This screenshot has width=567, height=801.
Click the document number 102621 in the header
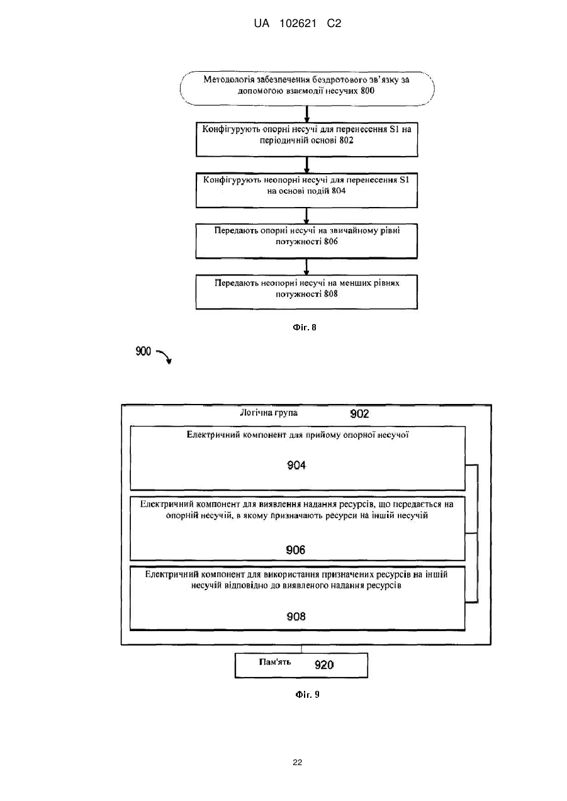coord(298,24)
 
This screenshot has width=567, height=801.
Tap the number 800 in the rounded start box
coord(368,91)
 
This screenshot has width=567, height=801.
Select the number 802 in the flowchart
coord(346,140)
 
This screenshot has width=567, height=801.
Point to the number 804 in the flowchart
coord(339,191)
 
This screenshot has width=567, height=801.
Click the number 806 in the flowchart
coord(331,242)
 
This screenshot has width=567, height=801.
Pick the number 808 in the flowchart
coord(331,294)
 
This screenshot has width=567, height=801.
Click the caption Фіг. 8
coord(305,327)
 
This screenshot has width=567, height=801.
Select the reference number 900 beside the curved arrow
coord(143,352)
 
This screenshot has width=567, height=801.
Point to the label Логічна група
coord(269,413)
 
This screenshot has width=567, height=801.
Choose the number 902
coord(359,414)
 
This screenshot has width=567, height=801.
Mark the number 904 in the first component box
coord(296,465)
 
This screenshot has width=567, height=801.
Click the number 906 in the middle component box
coord(296,550)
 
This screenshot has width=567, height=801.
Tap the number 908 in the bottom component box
coord(296,617)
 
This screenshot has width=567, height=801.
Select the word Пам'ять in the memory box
coord(275,662)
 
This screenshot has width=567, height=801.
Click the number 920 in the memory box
coord(324,665)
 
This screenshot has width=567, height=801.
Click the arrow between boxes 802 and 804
coord(306,165)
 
